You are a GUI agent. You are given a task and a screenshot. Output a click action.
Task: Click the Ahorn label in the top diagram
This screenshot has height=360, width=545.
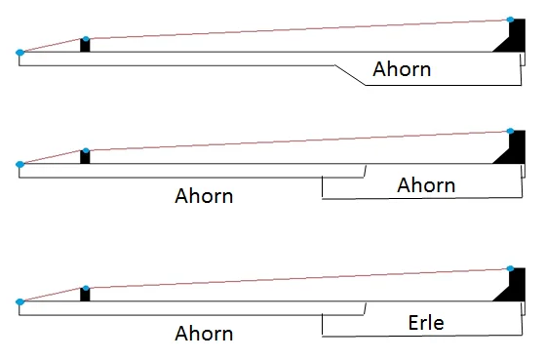[x=402, y=70]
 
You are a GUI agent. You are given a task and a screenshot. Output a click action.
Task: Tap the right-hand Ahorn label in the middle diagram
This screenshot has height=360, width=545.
[x=426, y=184]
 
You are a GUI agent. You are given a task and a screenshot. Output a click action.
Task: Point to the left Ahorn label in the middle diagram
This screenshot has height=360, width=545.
[x=204, y=194]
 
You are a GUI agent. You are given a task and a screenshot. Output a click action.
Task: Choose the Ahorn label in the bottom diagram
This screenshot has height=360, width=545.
[x=204, y=333]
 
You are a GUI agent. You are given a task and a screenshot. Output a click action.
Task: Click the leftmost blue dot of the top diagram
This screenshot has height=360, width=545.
[x=19, y=53]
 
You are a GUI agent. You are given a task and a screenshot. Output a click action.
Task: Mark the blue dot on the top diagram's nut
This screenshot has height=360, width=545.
[x=86, y=40]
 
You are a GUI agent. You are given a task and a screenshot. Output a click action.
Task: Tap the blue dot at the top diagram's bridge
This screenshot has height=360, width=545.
[x=511, y=20]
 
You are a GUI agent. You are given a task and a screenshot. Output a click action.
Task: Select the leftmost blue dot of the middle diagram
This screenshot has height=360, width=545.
[x=19, y=164]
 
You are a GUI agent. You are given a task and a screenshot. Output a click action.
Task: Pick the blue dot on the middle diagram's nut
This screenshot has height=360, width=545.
[x=86, y=151]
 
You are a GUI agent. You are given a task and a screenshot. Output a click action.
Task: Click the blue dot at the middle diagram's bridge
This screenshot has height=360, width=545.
[x=511, y=132]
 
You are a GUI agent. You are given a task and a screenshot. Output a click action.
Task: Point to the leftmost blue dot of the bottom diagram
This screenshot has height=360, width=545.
[x=19, y=302]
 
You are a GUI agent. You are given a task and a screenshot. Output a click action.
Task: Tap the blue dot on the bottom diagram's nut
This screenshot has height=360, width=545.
[x=86, y=289]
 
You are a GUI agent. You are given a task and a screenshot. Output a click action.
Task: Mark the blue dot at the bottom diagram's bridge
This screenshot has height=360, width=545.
[x=511, y=269]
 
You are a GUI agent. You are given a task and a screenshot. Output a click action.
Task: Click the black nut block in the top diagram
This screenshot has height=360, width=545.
[x=85, y=47]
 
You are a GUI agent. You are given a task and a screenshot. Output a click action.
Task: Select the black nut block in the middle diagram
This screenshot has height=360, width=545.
[x=85, y=158]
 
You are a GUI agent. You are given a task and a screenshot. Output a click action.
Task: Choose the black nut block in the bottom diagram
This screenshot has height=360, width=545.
[x=85, y=296]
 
